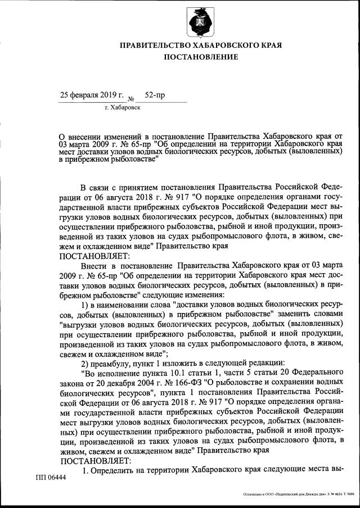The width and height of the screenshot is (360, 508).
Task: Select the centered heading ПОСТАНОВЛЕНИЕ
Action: coord(201,57)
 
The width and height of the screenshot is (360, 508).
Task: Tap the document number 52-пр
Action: coord(155,95)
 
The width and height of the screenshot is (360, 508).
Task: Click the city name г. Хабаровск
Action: coord(123,107)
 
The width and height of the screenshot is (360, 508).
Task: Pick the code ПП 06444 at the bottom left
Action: coord(51,478)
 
